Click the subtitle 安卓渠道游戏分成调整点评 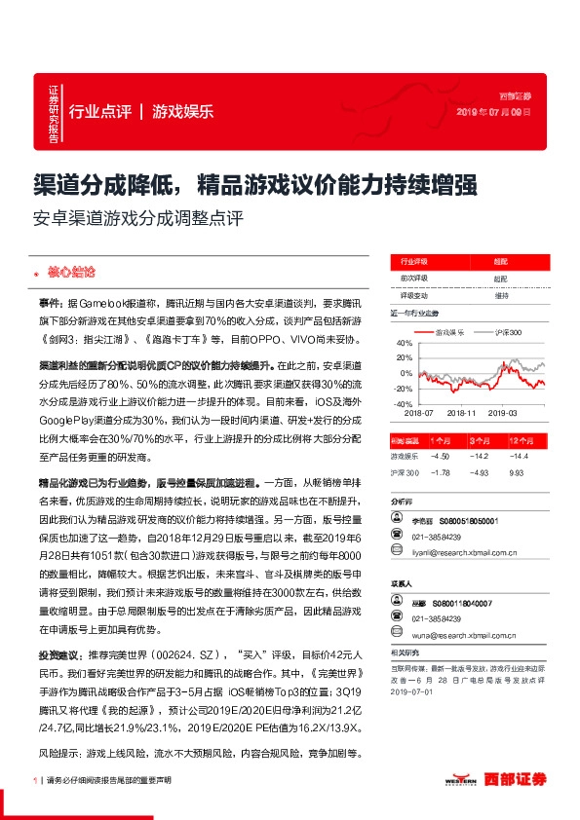click(134, 217)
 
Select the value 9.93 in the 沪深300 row click(517, 472)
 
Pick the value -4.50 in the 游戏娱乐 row click(439, 456)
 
